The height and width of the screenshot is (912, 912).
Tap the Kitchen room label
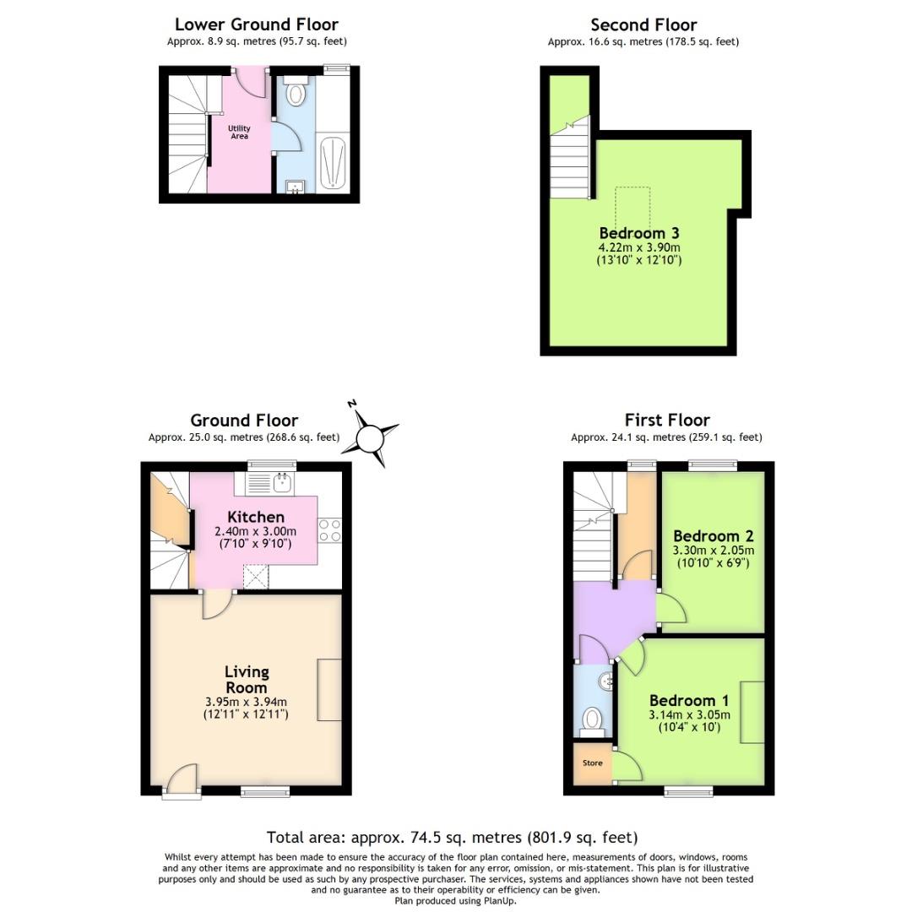pyautogui.click(x=256, y=517)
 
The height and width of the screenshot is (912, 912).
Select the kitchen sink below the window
pyautogui.click(x=281, y=483)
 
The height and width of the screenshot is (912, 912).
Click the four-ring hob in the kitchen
pyautogui.click(x=329, y=529)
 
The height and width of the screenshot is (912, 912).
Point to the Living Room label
pyautogui.click(x=247, y=679)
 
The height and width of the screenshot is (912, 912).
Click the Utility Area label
pyautogui.click(x=240, y=132)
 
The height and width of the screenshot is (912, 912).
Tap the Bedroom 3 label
pyautogui.click(x=639, y=233)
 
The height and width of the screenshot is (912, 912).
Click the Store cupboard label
pyautogui.click(x=592, y=763)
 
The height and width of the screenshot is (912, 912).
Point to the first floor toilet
pyautogui.click(x=594, y=719)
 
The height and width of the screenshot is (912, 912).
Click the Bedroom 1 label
pyautogui.click(x=689, y=700)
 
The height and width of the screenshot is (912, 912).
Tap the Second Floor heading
pyautogui.click(x=643, y=24)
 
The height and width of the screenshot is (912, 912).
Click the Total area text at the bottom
pyautogui.click(x=452, y=838)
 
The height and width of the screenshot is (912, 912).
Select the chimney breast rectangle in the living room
pyautogui.click(x=329, y=690)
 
